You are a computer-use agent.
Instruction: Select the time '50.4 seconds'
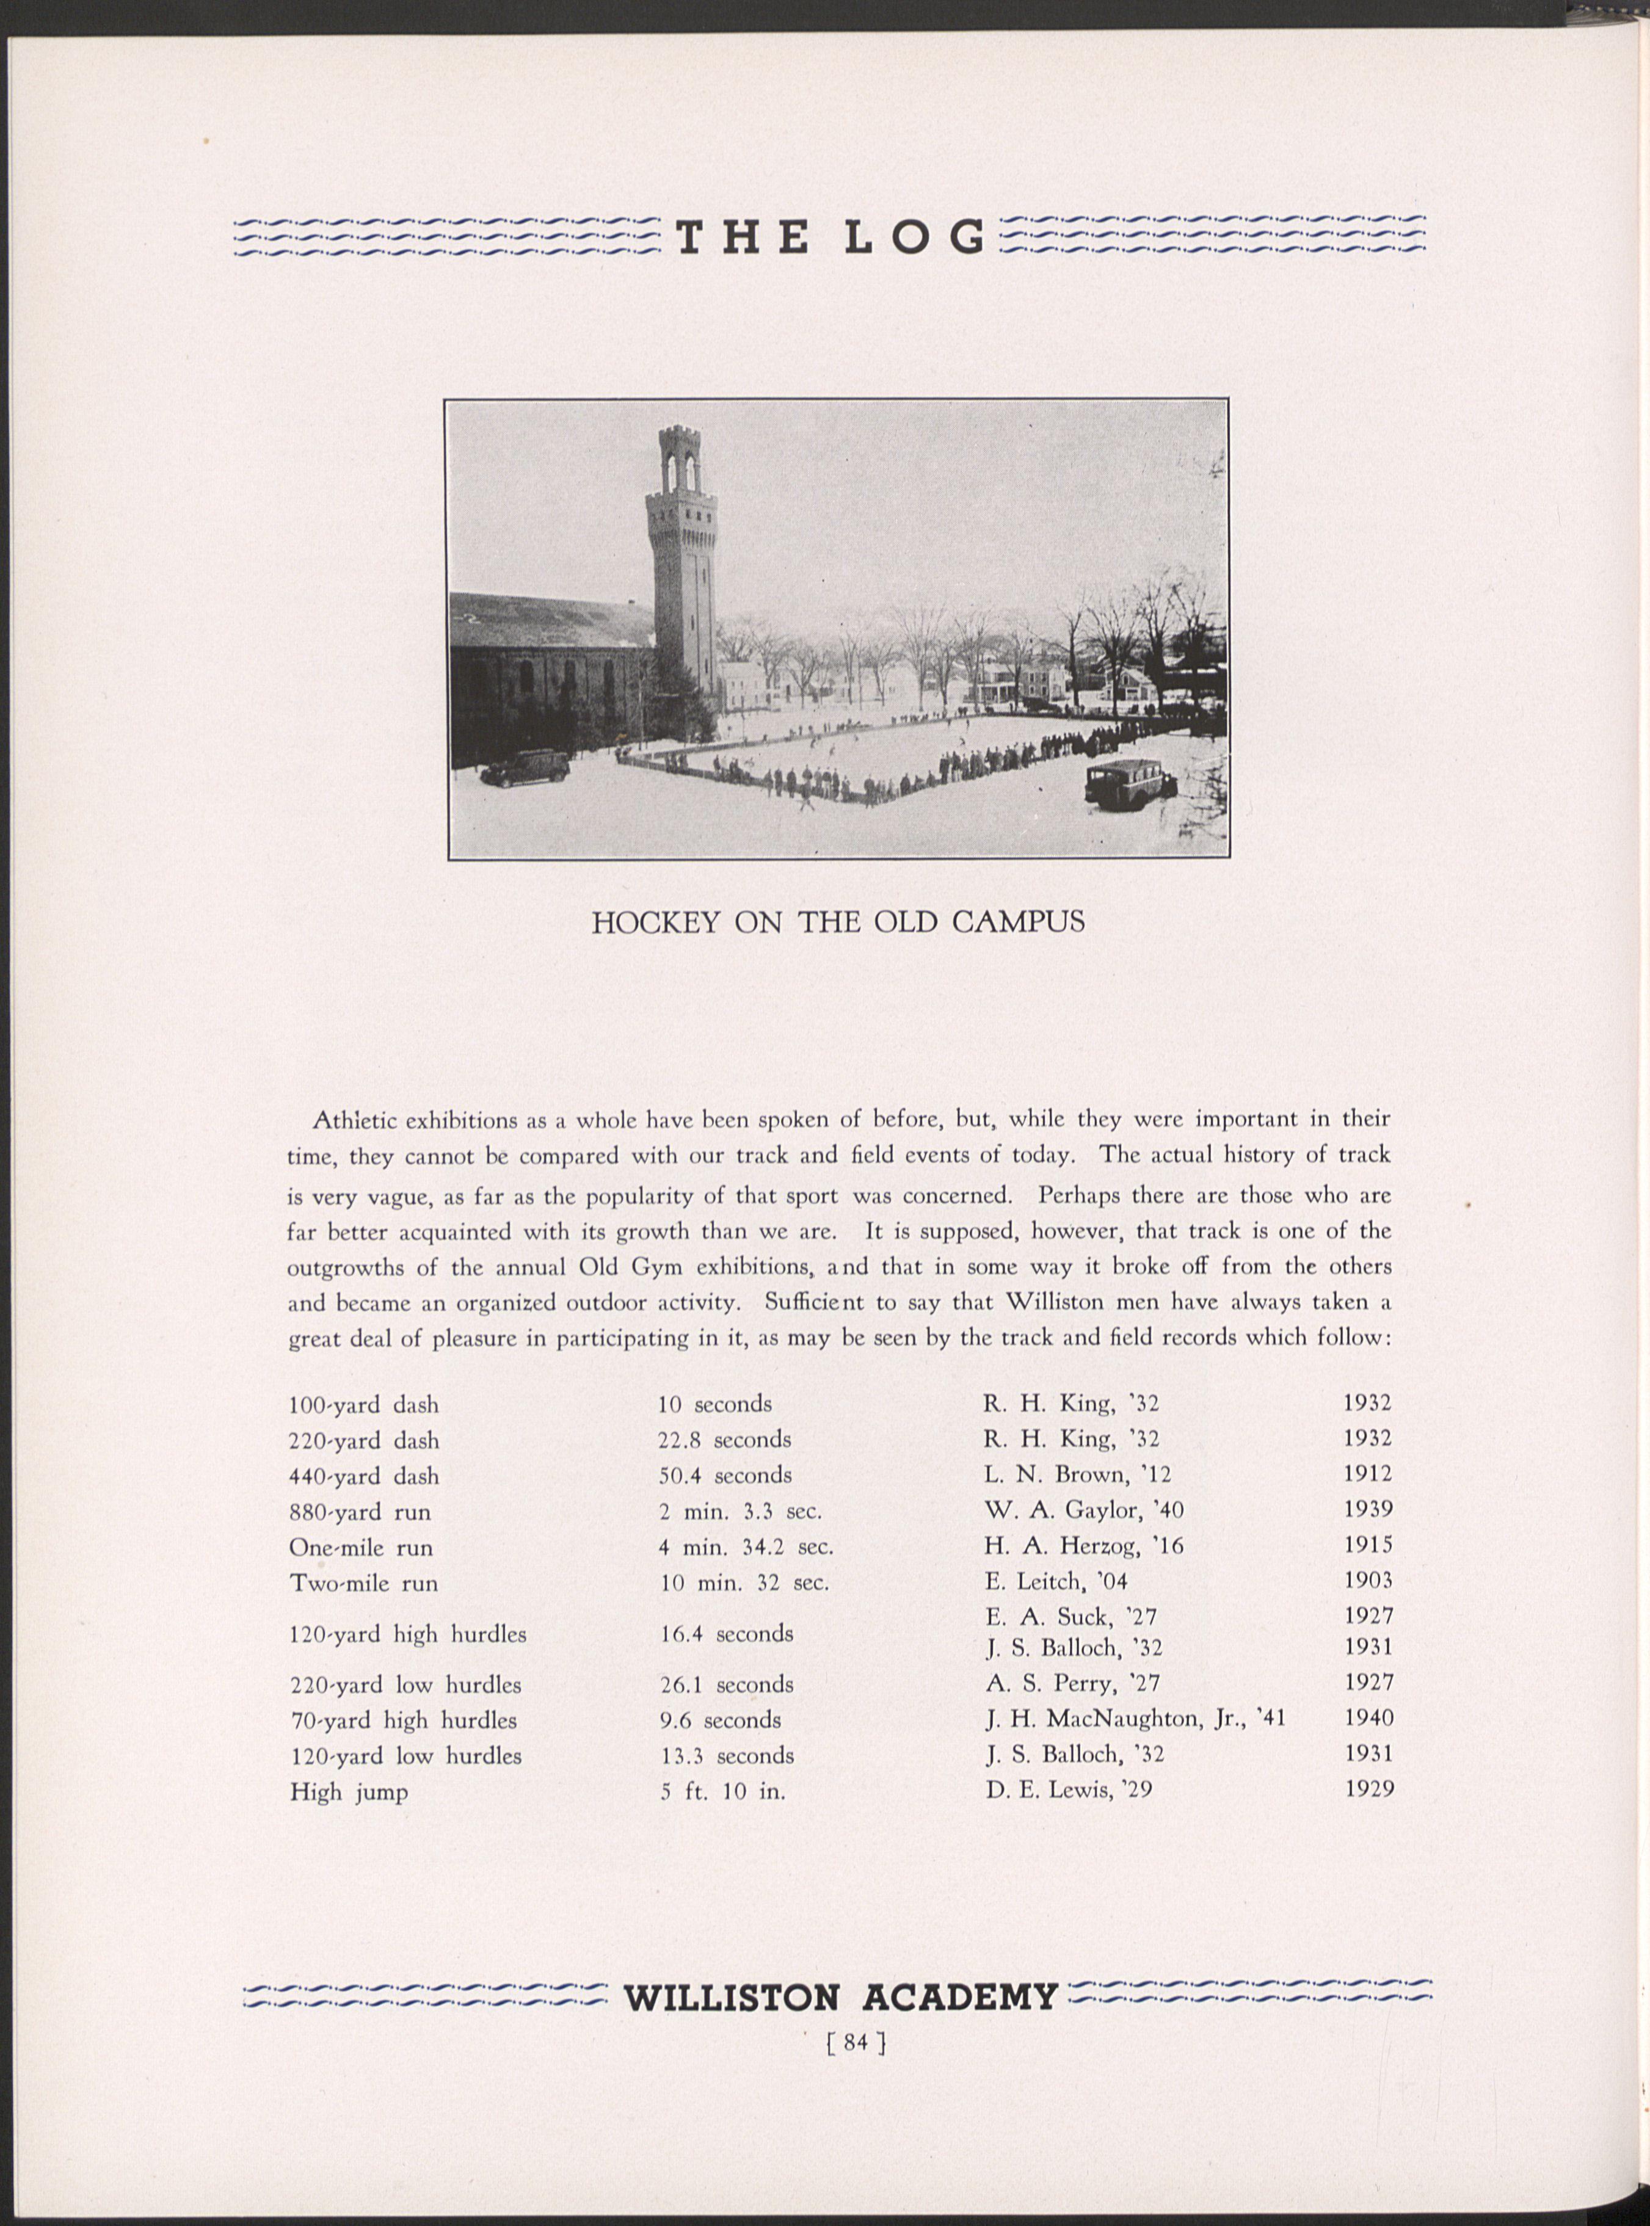pyautogui.click(x=724, y=1476)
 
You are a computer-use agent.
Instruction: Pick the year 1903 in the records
pyautogui.click(x=1367, y=1580)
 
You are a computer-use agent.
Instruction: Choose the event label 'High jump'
pyautogui.click(x=349, y=1793)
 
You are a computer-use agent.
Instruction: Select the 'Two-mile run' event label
pyautogui.click(x=363, y=1584)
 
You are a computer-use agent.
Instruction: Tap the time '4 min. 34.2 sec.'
pyautogui.click(x=745, y=1547)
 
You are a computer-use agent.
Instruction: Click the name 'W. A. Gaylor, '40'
pyautogui.click(x=1084, y=1510)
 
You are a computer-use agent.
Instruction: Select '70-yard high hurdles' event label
pyautogui.click(x=402, y=1720)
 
